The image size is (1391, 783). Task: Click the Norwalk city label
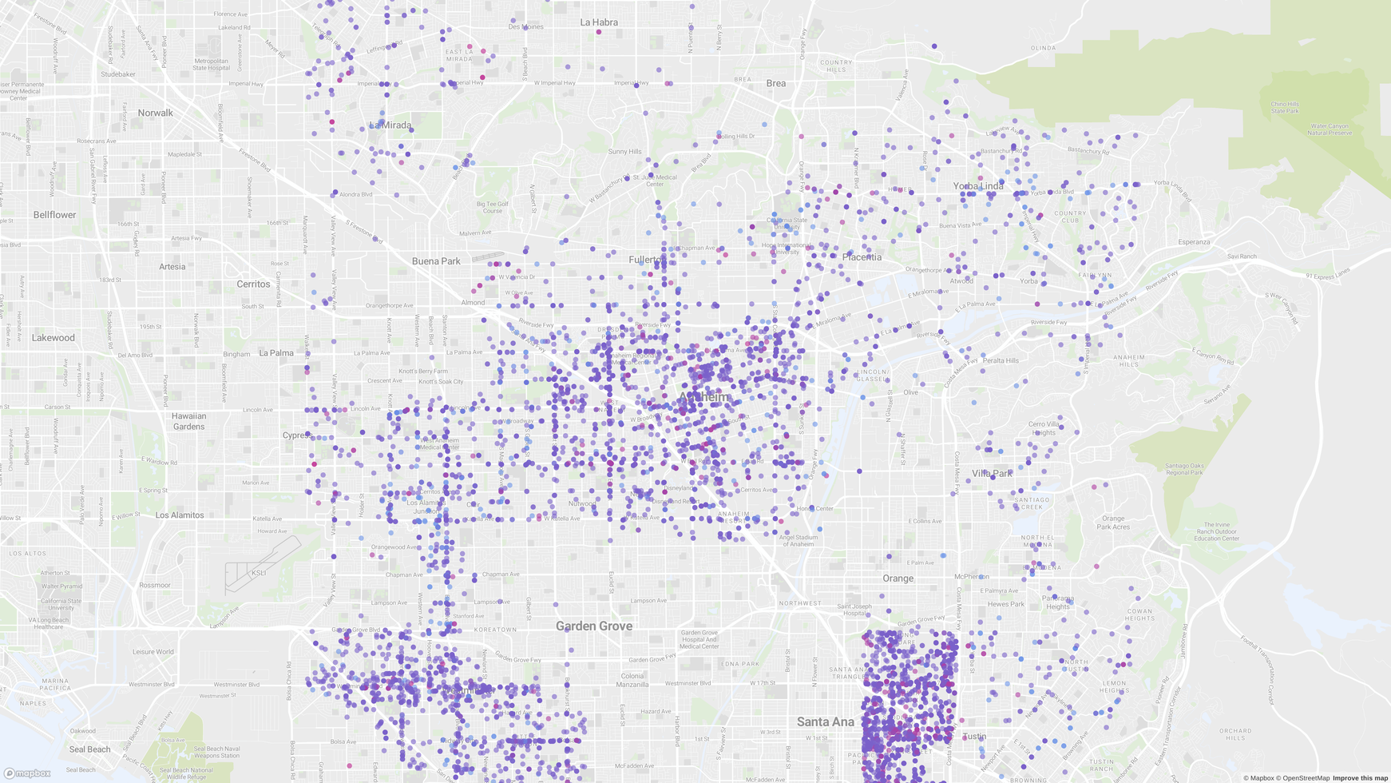click(x=155, y=113)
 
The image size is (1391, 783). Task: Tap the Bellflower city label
click(x=54, y=215)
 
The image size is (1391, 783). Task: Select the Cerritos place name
click(x=253, y=284)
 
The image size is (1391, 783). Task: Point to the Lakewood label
click(x=53, y=338)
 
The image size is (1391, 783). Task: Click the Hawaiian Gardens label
click(x=188, y=421)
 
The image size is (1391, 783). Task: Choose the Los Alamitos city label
click(x=180, y=515)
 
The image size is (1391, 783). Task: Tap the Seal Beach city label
click(x=89, y=749)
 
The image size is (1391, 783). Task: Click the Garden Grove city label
click(x=594, y=626)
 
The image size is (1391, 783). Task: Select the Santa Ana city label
click(x=825, y=721)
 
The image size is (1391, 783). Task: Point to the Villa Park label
click(x=992, y=474)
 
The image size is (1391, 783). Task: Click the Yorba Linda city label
click(x=978, y=186)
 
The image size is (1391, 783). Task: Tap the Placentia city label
click(x=862, y=257)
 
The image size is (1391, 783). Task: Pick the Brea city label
click(x=775, y=83)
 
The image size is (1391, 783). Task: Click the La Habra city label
click(x=599, y=22)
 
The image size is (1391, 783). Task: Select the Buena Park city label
click(x=436, y=261)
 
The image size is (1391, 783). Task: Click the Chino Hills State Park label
click(x=1285, y=107)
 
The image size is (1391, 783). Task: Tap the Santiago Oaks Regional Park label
click(x=1183, y=469)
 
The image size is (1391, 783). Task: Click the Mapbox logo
click(x=27, y=773)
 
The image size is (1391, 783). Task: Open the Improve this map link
click(x=1360, y=778)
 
